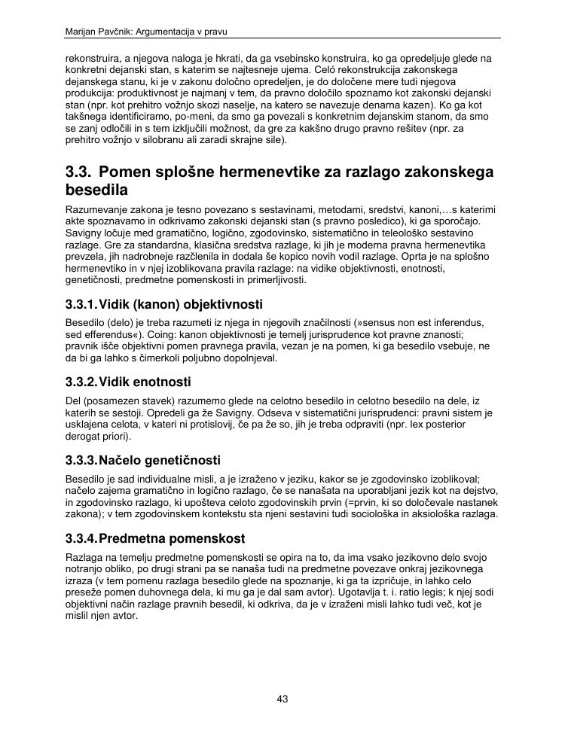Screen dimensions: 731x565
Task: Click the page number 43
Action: pos(282,699)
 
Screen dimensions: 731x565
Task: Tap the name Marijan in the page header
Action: pos(81,32)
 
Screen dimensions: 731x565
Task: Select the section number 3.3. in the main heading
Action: pos(79,172)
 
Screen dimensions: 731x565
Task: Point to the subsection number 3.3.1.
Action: pos(81,305)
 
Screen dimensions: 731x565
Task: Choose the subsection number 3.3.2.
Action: pos(81,382)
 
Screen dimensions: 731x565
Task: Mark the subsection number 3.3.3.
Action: pos(81,460)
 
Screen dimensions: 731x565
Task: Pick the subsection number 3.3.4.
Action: pos(81,539)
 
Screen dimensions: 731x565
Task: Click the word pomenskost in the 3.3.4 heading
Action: pos(209,539)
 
